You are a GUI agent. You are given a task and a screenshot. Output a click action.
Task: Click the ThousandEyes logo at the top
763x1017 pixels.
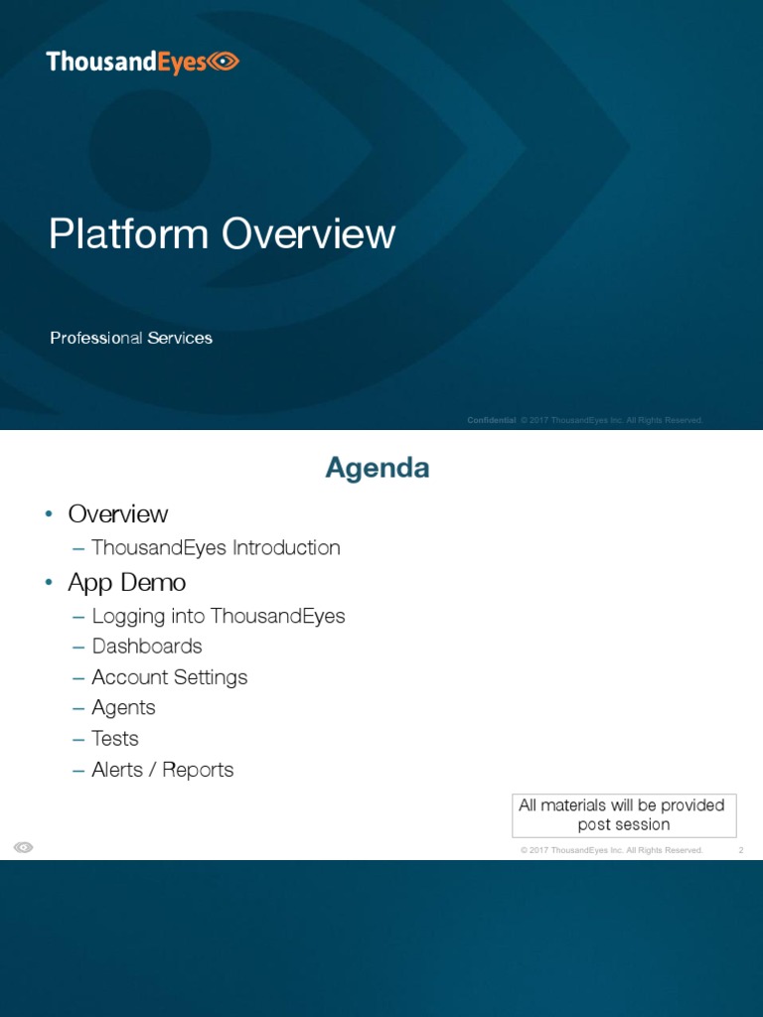(142, 63)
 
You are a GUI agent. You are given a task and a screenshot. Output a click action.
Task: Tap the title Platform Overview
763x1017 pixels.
(223, 234)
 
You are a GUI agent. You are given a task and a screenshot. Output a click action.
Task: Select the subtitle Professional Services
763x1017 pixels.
(131, 338)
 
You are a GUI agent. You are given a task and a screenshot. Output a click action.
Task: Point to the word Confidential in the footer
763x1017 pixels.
(491, 420)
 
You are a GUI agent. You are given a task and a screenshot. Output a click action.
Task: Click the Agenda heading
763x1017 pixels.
(378, 468)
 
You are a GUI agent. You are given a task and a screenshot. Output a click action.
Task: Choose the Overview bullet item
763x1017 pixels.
(117, 513)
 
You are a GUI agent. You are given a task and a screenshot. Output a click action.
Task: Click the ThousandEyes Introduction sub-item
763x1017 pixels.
(216, 547)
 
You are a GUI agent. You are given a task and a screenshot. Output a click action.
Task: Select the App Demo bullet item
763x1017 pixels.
(126, 581)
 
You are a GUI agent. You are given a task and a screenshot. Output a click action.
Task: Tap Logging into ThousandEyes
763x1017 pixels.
(219, 616)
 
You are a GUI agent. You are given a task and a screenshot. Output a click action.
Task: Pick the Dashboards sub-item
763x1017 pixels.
(147, 647)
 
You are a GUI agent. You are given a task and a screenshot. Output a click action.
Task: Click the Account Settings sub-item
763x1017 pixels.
(170, 677)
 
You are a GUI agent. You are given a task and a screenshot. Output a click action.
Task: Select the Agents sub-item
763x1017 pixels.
(124, 708)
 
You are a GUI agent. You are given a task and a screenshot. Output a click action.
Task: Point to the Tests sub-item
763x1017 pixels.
(115, 739)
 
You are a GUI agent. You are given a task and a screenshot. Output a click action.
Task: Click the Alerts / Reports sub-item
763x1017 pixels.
(163, 770)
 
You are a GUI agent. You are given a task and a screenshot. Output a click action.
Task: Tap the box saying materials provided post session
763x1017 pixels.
(624, 814)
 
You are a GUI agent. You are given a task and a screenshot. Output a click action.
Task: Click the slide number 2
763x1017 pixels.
(741, 850)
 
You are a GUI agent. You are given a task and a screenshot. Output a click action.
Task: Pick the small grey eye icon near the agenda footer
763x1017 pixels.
(24, 847)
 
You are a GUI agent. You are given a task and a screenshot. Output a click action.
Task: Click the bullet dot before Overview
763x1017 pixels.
(47, 514)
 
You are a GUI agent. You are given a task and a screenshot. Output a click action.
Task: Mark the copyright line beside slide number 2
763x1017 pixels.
(611, 850)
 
